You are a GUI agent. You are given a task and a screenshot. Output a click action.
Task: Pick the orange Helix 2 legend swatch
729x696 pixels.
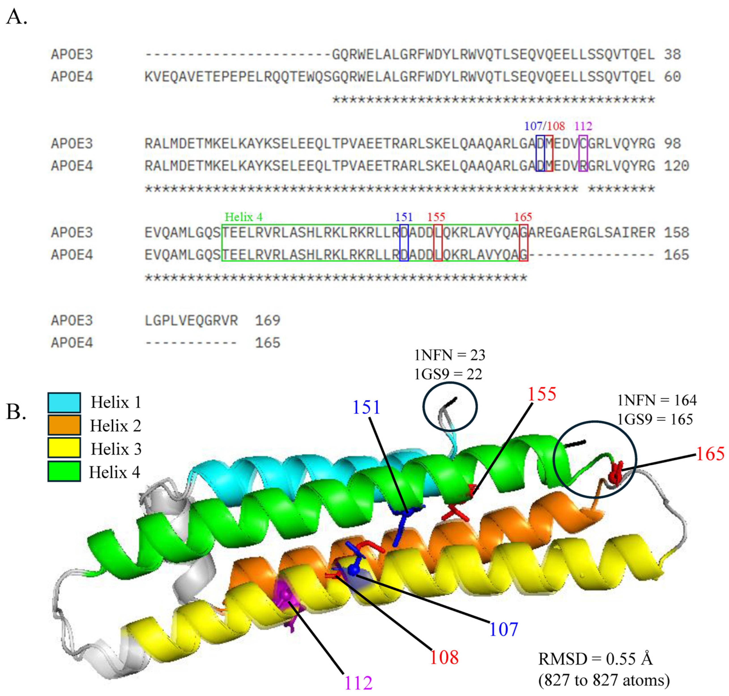64,425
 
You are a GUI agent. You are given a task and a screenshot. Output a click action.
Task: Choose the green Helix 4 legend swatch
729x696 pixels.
64,472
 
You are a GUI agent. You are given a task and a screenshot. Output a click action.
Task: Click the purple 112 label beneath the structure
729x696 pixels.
358,683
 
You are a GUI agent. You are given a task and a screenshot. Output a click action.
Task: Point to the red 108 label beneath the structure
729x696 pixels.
444,657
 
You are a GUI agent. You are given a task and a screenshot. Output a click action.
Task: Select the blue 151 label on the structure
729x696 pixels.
366,407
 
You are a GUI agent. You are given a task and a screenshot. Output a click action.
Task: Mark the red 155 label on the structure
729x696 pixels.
542,394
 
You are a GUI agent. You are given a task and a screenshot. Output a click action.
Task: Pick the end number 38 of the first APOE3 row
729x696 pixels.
672,55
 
